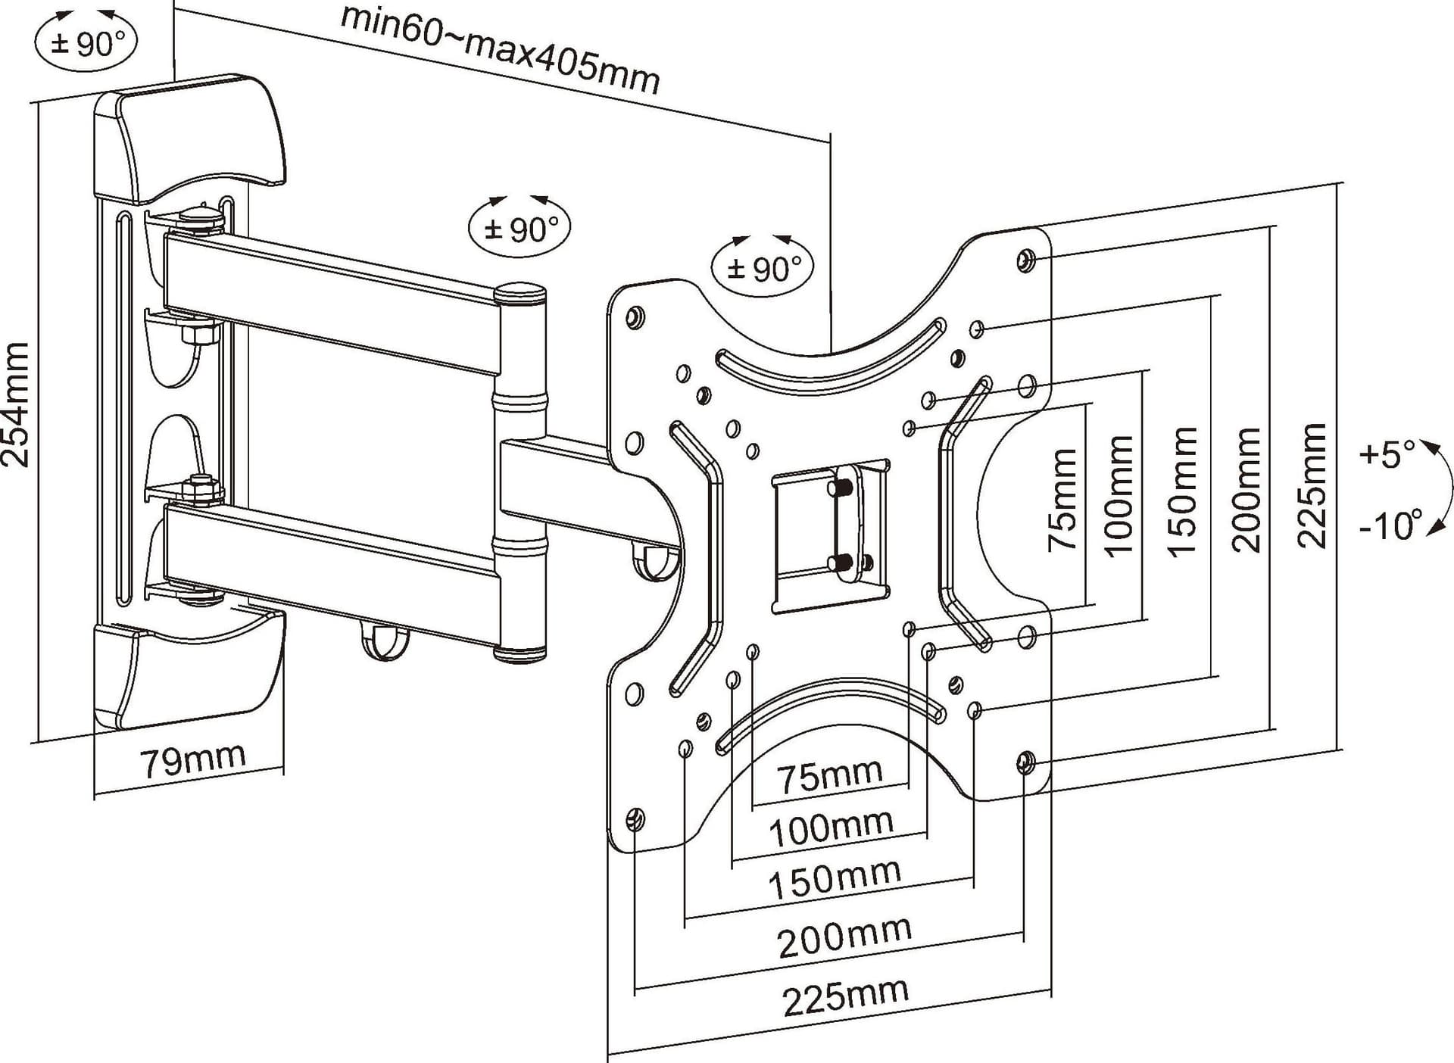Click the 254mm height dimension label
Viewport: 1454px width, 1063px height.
click(16, 405)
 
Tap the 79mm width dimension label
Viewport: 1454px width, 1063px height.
click(194, 759)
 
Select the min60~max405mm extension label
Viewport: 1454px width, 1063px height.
click(501, 49)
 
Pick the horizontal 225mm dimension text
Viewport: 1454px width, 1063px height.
click(845, 996)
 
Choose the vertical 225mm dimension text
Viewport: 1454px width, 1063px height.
click(1312, 485)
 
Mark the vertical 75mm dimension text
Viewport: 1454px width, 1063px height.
click(1062, 500)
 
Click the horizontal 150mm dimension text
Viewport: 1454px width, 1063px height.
click(835, 881)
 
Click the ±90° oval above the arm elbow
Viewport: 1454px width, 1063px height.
click(520, 228)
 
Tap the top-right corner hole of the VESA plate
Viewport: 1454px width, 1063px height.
click(1025, 260)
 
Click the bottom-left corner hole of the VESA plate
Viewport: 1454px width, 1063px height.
click(635, 819)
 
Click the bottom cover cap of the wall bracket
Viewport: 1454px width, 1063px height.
click(189, 666)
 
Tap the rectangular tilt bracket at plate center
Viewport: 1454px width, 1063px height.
click(830, 535)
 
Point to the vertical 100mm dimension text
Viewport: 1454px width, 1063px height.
click(1121, 496)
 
